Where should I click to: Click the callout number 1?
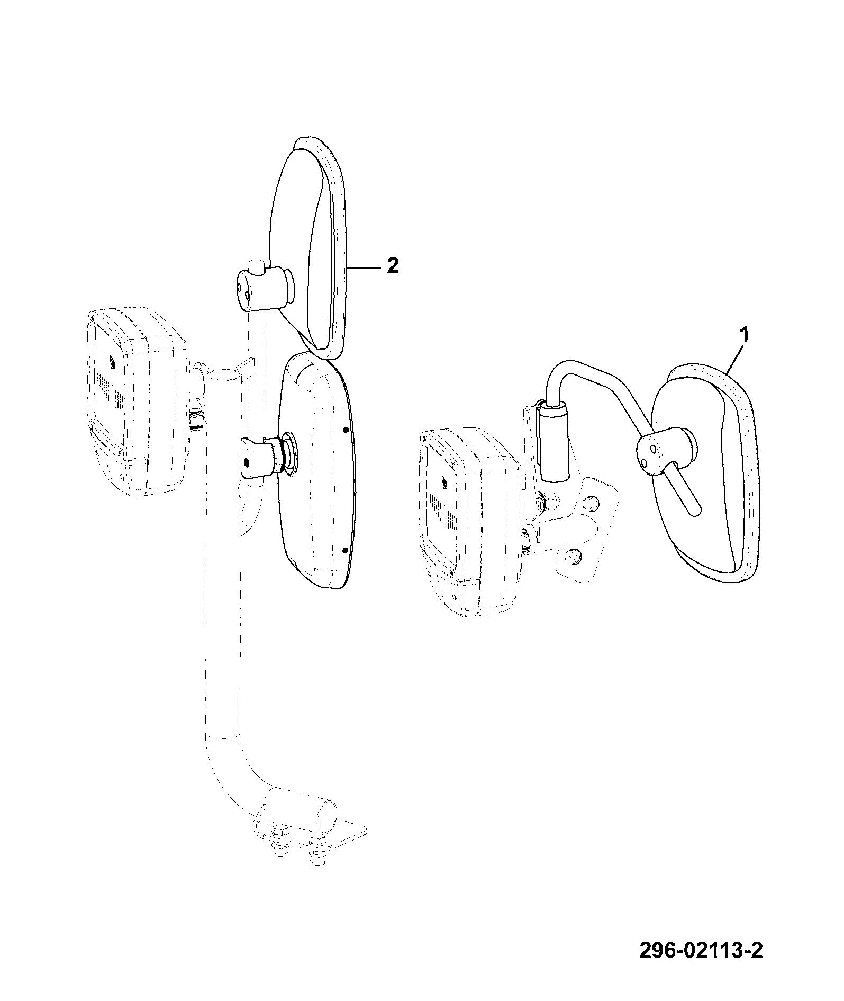pyautogui.click(x=743, y=335)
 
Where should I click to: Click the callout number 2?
pyautogui.click(x=392, y=265)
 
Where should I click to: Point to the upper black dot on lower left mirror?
pyautogui.click(x=345, y=430)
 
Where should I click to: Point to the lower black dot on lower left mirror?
pyautogui.click(x=345, y=551)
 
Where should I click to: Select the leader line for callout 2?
pyautogui.click(x=365, y=268)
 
